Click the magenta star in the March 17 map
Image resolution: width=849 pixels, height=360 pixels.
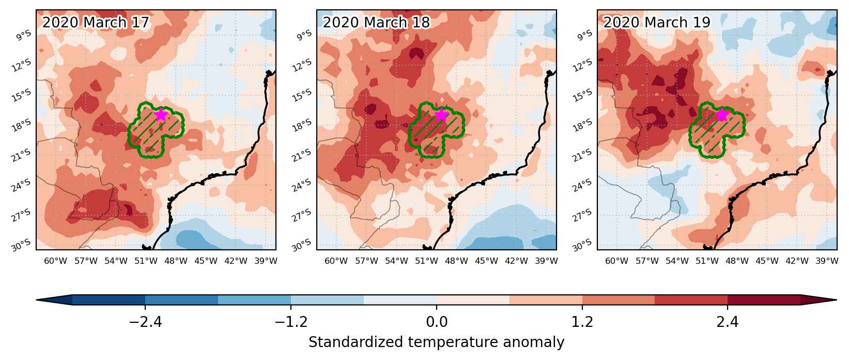(x=161, y=114)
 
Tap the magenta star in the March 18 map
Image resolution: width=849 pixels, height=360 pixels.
(x=441, y=114)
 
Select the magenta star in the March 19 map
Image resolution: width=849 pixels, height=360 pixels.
(x=722, y=114)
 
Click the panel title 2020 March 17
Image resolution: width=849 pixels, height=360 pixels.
(x=96, y=22)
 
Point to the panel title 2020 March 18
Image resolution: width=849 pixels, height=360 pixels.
(x=376, y=22)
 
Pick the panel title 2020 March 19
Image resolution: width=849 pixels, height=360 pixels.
(x=656, y=22)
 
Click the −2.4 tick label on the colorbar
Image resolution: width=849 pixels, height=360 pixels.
(x=145, y=322)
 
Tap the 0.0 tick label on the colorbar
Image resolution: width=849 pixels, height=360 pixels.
(x=437, y=322)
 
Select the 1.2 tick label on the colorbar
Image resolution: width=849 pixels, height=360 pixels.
(x=582, y=322)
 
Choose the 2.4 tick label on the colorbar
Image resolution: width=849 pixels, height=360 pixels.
(x=728, y=322)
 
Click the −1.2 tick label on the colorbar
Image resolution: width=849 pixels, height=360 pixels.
(x=291, y=322)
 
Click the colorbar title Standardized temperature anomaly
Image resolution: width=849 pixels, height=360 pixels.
(x=436, y=342)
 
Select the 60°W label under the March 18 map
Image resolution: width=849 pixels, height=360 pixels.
(x=336, y=261)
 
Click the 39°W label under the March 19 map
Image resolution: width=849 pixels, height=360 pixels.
(x=827, y=261)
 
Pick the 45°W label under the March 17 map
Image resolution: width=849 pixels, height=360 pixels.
(x=206, y=261)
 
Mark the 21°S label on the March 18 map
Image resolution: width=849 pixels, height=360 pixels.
(x=301, y=155)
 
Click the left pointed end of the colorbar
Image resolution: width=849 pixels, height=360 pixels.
(x=36, y=299)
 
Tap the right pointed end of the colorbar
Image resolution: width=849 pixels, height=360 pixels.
(x=837, y=299)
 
